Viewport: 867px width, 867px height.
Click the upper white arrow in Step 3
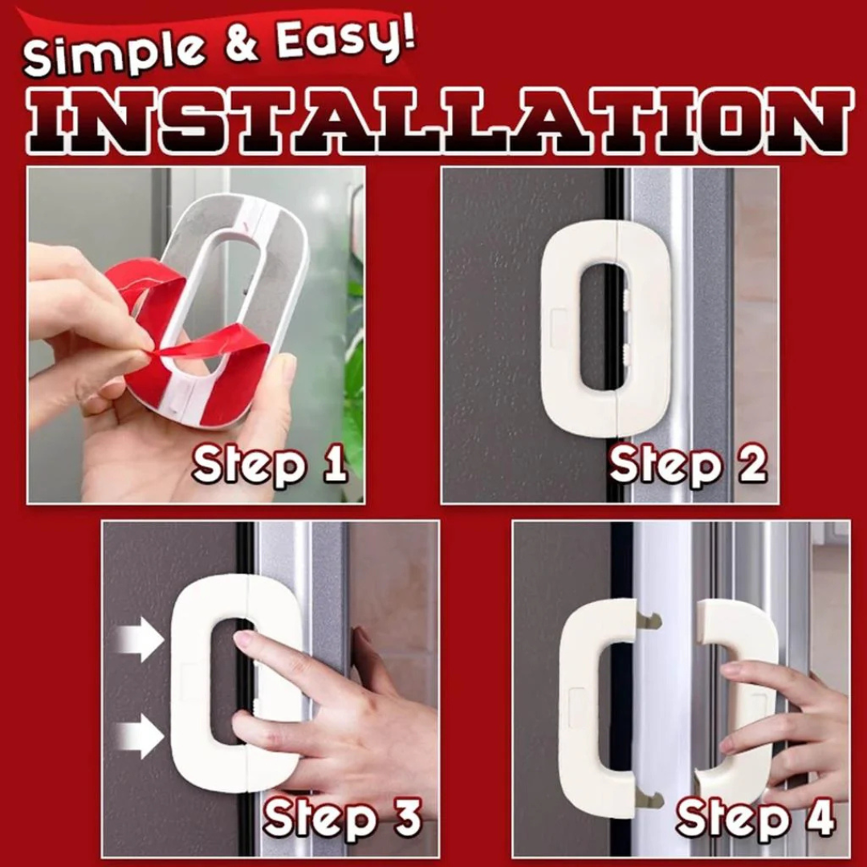pyautogui.click(x=140, y=640)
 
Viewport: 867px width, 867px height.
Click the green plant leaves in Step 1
pyautogui.click(x=354, y=377)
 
